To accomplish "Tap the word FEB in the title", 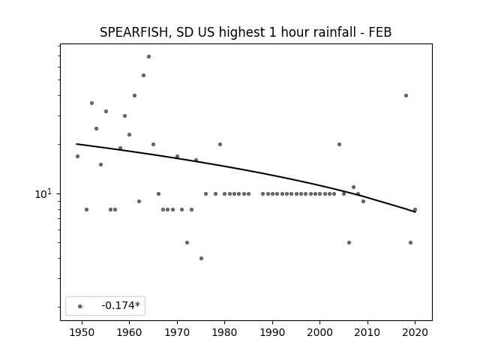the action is pos(380,32).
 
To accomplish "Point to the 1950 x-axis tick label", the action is pos(82,332).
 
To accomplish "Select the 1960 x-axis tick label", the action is pos(129,332).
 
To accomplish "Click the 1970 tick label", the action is pos(177,332).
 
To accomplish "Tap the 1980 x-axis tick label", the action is pos(224,332).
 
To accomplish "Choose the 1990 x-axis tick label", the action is pos(272,332).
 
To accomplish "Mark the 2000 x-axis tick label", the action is pos(319,332).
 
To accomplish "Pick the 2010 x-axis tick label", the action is pos(367,332).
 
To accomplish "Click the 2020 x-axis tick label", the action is pos(415,332).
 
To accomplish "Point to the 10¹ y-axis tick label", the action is pos(43,193).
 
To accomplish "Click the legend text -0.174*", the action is pos(121,305).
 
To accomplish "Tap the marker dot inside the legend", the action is pos(80,306).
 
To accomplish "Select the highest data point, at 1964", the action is pos(148,57).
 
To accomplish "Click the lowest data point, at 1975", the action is pos(201,258).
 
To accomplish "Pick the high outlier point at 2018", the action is pos(406,95).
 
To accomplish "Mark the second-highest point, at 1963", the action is pos(143,75).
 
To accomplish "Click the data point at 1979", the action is pos(220,144).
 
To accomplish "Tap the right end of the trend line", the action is pos(415,211).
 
